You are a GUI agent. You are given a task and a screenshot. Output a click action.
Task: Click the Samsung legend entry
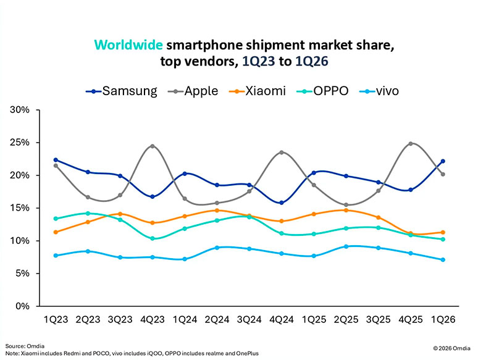tap(121, 91)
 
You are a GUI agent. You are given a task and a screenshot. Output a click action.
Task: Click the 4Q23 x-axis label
tap(152, 320)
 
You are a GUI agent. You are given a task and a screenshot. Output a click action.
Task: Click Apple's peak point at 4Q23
tap(152, 146)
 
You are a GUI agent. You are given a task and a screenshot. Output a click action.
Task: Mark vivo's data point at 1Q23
tap(56, 255)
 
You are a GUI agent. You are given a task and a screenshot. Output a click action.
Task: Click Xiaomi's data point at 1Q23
tap(56, 232)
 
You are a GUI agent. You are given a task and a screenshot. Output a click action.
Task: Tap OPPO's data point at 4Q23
tap(152, 238)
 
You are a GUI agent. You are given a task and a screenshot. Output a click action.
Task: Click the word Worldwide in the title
tap(128, 45)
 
